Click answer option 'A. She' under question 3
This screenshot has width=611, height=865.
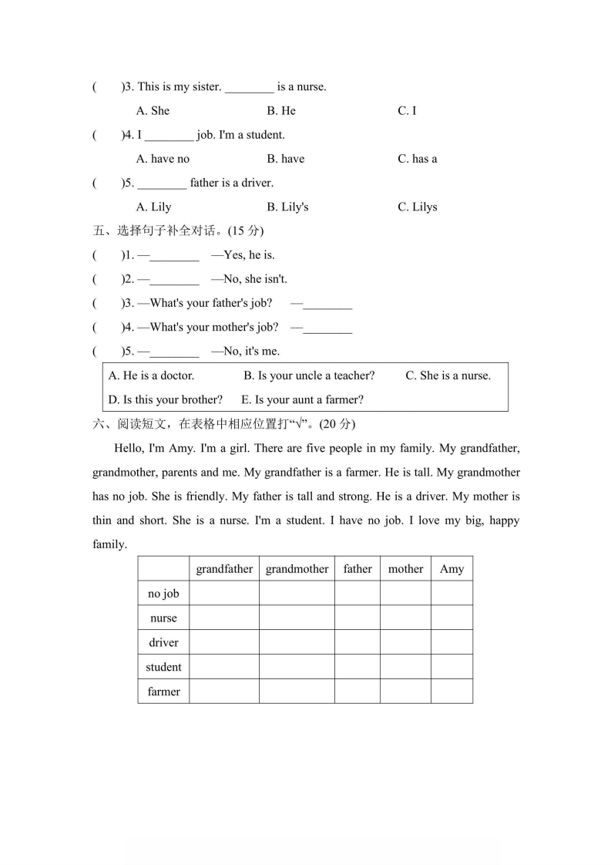[153, 111]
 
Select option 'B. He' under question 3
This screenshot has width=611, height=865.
[281, 111]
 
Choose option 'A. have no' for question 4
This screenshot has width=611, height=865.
[163, 159]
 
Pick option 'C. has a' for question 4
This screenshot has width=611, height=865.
[417, 159]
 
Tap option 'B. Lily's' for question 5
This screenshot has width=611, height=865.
[287, 207]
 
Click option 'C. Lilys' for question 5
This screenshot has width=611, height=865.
[417, 207]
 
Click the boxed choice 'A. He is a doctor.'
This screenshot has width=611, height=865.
[151, 376]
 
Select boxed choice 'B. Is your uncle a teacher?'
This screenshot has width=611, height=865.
[309, 376]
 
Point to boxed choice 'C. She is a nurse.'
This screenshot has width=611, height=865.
[448, 376]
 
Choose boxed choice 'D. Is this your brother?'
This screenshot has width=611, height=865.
[166, 400]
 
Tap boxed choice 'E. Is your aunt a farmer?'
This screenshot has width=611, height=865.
[302, 400]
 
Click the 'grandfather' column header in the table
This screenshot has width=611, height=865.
[224, 570]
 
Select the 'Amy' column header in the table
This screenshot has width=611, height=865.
[452, 570]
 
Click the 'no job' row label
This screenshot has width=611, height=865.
[163, 594]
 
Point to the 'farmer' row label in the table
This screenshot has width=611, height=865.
[163, 692]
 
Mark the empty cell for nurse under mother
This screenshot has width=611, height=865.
[405, 618]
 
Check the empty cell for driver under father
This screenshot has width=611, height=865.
[358, 642]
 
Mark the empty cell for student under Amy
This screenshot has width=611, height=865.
[452, 667]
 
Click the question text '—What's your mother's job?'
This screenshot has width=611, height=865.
[208, 328]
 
